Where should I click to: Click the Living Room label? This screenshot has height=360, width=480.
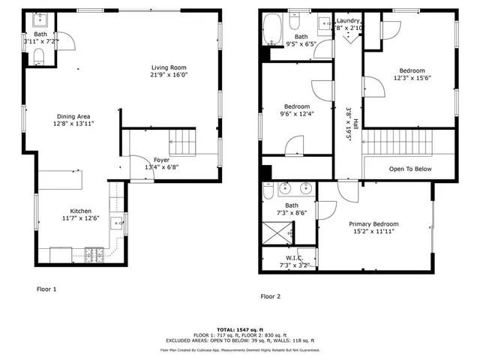[x=166, y=67]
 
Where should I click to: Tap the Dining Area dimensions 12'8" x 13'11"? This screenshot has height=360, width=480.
[x=73, y=124]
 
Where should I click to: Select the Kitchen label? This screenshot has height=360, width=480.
[x=80, y=211]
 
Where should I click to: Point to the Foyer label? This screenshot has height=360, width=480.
[x=161, y=159]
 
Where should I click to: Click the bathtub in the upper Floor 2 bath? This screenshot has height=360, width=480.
[x=271, y=29]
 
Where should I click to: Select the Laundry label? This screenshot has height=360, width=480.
[x=349, y=21]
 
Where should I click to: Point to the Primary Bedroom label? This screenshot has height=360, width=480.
[x=373, y=224]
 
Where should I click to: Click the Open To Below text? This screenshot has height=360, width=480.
[x=409, y=169]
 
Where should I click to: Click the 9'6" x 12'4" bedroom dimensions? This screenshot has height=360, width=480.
[x=296, y=114]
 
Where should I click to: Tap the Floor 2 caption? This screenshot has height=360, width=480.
[x=270, y=296]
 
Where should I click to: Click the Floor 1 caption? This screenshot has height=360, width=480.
[x=46, y=288]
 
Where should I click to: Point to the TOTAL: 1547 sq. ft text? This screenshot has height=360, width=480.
[x=239, y=330]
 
